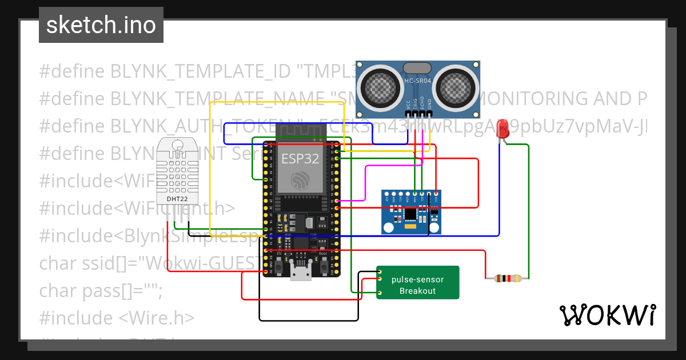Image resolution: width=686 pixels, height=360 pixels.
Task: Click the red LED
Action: click(503, 129)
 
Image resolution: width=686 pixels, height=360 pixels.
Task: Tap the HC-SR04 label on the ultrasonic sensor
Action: click(417, 81)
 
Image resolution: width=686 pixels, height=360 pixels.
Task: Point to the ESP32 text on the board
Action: click(300, 158)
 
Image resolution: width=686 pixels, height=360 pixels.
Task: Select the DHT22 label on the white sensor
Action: click(176, 199)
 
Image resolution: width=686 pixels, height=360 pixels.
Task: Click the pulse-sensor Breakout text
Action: click(417, 285)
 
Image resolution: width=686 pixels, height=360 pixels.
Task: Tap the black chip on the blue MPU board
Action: click(411, 214)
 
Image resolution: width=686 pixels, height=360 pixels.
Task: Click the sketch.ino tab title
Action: click(101, 25)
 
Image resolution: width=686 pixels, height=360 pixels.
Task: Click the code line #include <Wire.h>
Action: click(117, 318)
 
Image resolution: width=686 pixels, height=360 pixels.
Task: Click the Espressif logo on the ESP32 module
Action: click(300, 181)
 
